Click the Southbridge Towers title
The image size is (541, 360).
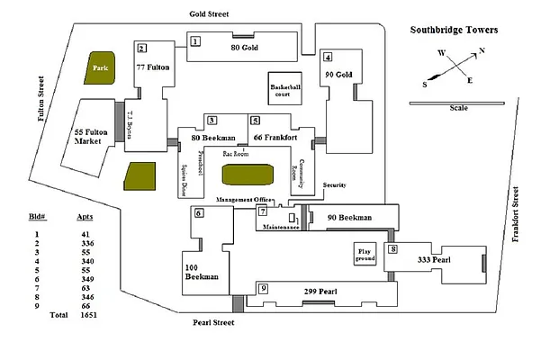pos(454,30)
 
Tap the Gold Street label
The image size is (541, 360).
pos(209,14)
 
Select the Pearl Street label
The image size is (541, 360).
pos(214,322)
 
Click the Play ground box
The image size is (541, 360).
pos(364,255)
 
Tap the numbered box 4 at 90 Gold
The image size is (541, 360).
pos(329,56)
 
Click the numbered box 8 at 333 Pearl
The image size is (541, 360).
pos(392,248)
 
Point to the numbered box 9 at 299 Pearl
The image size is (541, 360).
pos(264,288)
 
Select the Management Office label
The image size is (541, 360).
pos(244,199)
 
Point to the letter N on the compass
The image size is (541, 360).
pos(482,51)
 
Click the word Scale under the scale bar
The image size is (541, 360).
pos(458,109)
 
